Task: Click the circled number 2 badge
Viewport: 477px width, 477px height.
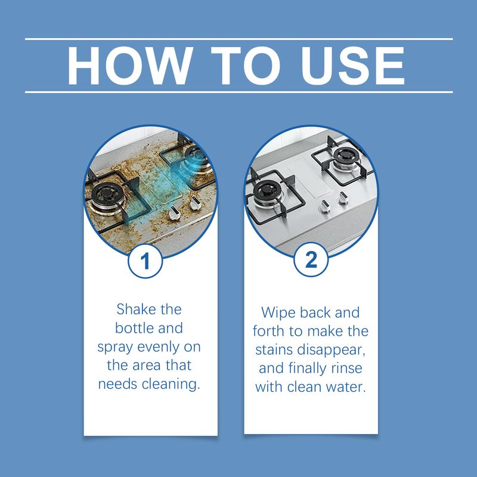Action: tap(310, 261)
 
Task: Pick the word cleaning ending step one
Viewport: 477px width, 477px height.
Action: tap(171, 383)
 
